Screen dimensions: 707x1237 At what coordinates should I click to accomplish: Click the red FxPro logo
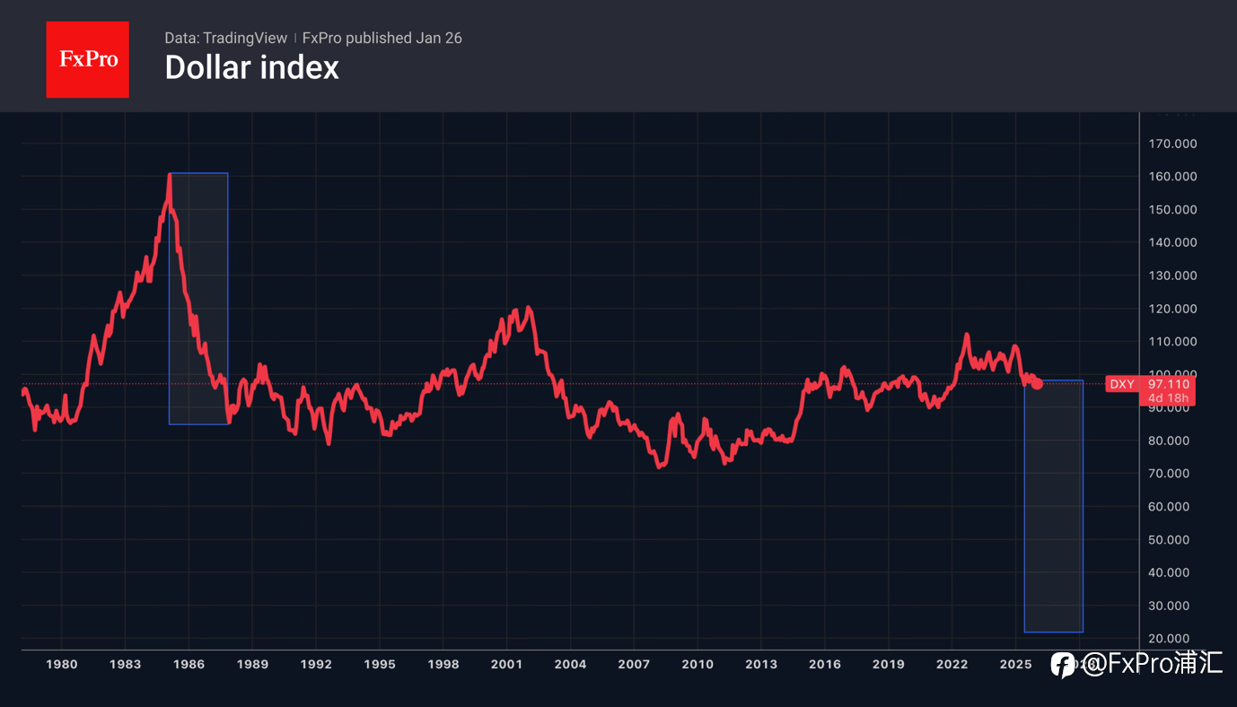point(87,59)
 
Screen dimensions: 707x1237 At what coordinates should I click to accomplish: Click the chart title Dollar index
point(251,68)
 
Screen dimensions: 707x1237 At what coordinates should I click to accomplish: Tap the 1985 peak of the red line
point(170,175)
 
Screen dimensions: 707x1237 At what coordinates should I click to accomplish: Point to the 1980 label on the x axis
point(61,665)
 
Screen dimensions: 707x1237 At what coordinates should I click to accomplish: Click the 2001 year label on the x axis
point(506,665)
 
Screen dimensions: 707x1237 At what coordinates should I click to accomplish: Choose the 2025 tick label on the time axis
point(1015,665)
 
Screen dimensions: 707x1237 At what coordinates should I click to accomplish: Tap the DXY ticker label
point(1122,384)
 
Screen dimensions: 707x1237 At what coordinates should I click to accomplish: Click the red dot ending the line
point(1037,383)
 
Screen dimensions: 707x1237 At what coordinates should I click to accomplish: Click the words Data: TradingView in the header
point(225,38)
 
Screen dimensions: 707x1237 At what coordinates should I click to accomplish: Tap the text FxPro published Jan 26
point(382,38)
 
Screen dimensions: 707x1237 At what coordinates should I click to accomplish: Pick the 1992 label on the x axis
point(316,665)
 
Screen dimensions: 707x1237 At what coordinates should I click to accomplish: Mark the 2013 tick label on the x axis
point(761,665)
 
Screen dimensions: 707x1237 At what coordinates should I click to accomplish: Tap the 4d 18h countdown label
point(1170,398)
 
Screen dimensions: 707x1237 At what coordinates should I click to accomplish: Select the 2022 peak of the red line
point(967,335)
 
